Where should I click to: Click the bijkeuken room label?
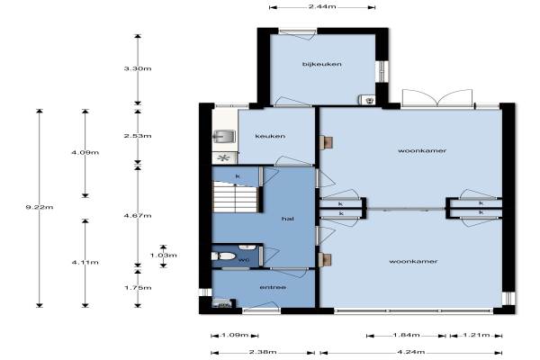coord(322,64)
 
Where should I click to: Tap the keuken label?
coord(270,136)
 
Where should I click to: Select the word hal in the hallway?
coord(288,219)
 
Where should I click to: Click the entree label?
coord(273,287)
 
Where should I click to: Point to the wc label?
coord(244,260)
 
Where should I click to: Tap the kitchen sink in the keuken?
coord(224,137)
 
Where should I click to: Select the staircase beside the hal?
coord(235,197)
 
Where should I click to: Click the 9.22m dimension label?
coord(40,207)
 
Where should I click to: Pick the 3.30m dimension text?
coord(138,68)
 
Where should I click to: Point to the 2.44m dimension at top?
coord(322,6)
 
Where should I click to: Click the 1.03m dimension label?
coord(164,256)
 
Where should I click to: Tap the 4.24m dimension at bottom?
coord(411,352)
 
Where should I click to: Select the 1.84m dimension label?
coord(407,335)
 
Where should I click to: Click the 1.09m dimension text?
coord(235,335)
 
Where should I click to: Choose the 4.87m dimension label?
coord(138,216)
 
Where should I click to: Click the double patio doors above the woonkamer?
coord(437,98)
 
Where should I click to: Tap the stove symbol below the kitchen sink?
coord(224,158)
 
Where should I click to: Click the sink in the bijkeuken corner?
coord(366,100)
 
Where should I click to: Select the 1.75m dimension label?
coord(138,288)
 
